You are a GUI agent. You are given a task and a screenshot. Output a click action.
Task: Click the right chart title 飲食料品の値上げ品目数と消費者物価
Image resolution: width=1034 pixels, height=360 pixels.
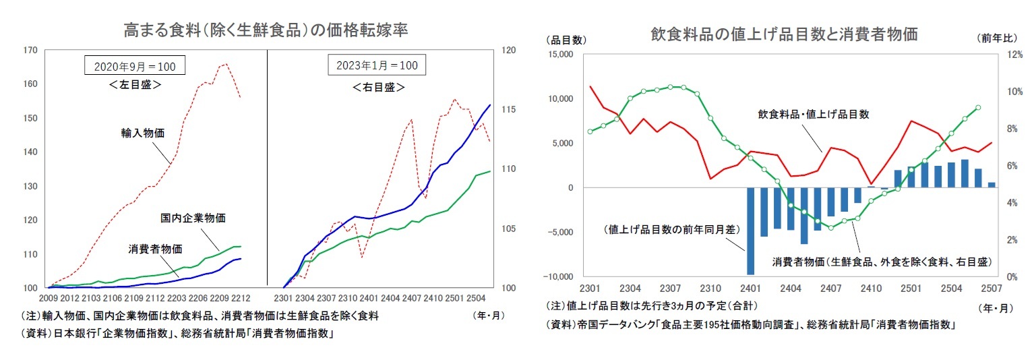(784, 34)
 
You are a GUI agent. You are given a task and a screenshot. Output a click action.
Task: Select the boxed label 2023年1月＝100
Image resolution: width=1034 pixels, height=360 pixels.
(377, 65)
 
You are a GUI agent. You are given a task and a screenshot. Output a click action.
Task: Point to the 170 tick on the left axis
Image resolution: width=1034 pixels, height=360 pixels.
(29, 51)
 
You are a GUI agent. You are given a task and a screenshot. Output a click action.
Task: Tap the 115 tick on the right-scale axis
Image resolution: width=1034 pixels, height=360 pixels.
(509, 110)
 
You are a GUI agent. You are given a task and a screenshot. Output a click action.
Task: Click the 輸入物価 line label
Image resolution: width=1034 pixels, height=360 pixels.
(138, 133)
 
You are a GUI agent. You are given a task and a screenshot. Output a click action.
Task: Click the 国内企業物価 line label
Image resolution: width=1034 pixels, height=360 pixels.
(193, 218)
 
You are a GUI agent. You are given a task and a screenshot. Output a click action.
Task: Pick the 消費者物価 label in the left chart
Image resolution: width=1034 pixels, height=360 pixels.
(155, 248)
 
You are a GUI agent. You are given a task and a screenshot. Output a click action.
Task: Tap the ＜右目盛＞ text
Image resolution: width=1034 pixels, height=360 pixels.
(378, 87)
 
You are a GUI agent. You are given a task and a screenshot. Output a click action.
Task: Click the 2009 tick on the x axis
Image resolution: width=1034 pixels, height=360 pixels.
(49, 297)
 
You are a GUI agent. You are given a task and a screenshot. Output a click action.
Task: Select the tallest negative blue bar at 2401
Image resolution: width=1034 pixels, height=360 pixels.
(750, 231)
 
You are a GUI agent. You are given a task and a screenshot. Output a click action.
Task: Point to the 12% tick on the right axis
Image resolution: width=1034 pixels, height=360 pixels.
(1006, 55)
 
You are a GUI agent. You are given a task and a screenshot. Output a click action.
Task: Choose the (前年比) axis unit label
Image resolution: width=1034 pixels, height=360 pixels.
(996, 39)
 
